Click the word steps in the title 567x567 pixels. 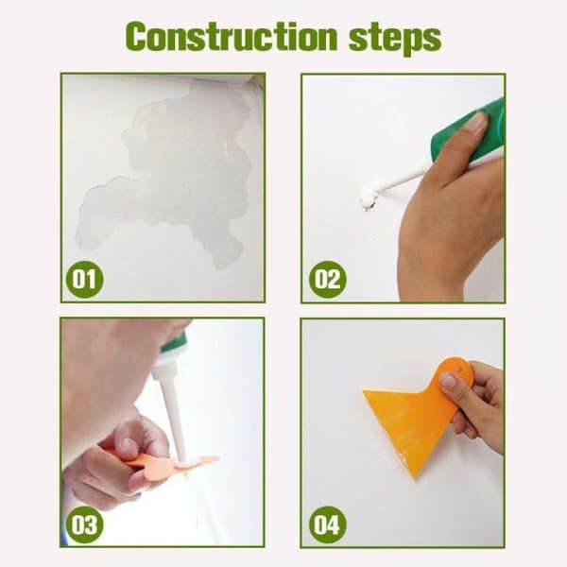(x=390, y=38)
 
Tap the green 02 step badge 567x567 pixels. (x=327, y=280)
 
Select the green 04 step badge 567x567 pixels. (x=327, y=524)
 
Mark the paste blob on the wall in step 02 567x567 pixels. (x=367, y=198)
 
